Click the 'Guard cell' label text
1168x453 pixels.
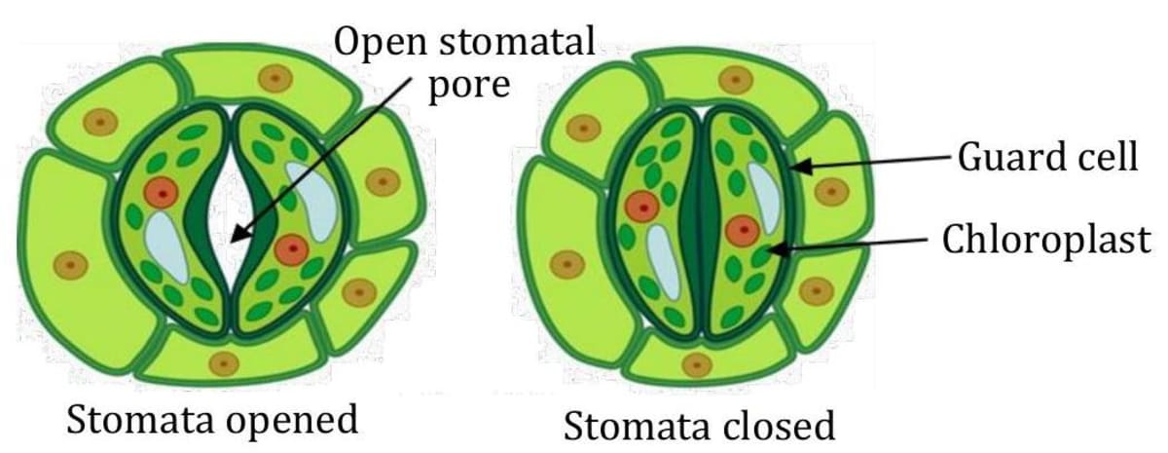click(x=1047, y=157)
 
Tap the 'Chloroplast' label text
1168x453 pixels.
click(x=1045, y=240)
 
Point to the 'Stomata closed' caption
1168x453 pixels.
click(x=699, y=426)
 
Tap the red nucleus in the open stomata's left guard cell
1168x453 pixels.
click(x=161, y=192)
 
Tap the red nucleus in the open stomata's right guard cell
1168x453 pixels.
click(x=291, y=249)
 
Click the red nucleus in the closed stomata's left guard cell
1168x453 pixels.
click(x=642, y=206)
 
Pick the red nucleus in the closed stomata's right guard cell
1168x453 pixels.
click(x=742, y=231)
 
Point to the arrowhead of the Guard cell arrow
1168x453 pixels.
click(x=795, y=167)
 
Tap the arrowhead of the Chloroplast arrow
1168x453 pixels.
click(x=770, y=251)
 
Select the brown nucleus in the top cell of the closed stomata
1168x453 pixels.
click(x=736, y=80)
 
